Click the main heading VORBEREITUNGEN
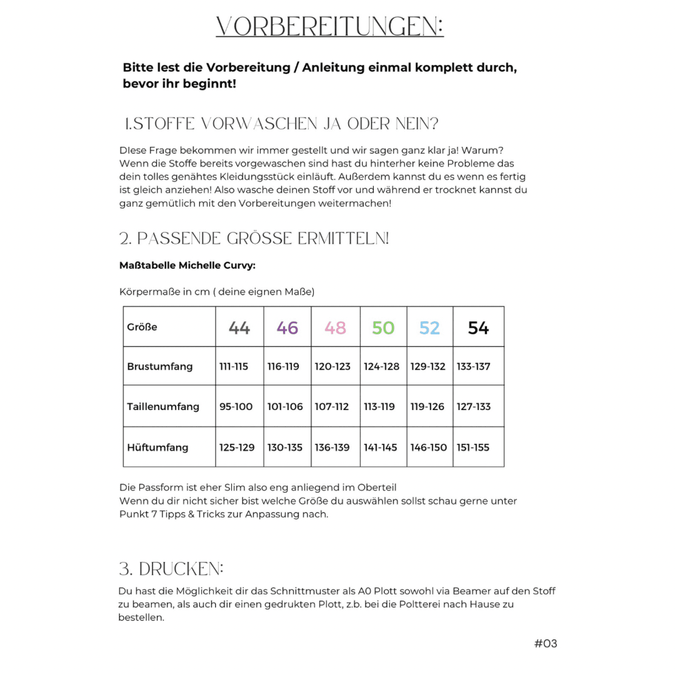pos(329,27)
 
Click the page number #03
pos(545,643)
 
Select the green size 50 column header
pos(383,327)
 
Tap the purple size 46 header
pos(287,327)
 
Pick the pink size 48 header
pos(335,327)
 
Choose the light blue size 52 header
pos(429,327)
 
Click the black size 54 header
pos(478,327)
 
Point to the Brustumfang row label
pos(159,367)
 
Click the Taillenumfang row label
pos(162,407)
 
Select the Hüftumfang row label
pos(157,447)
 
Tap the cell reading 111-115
pos(234,367)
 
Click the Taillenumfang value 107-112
pos(332,407)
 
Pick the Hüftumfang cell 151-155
pos(473,447)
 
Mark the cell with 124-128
pos(381,367)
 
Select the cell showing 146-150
pos(428,447)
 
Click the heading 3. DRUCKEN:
pos(171,569)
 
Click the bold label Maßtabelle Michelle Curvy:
pos(187,266)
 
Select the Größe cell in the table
pos(142,327)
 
